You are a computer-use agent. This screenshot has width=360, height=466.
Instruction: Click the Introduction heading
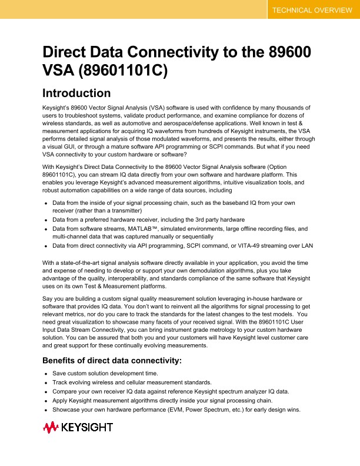pos(76,93)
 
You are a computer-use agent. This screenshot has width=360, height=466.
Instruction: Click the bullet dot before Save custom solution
pos(46,374)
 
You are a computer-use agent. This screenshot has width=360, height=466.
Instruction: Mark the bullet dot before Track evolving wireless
pos(46,382)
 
